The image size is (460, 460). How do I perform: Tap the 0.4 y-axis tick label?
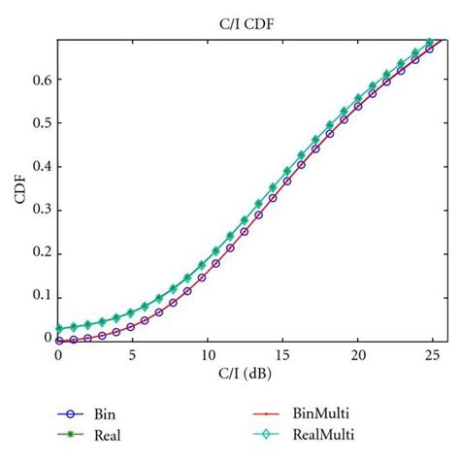click(x=42, y=167)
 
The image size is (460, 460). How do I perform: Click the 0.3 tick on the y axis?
click(x=42, y=209)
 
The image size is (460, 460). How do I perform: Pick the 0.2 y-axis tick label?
click(x=42, y=251)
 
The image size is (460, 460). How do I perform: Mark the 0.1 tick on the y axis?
click(x=42, y=294)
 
